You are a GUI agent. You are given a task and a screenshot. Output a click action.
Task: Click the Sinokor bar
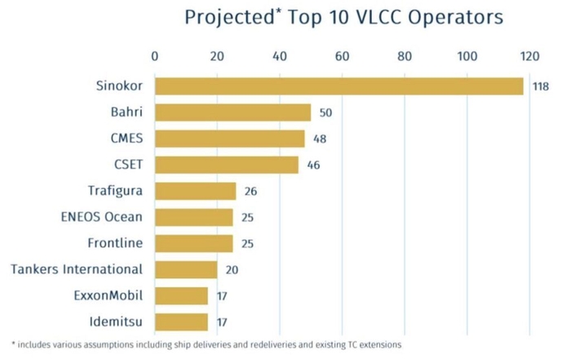tap(339, 87)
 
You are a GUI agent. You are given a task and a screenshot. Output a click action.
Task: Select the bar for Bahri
tap(232, 113)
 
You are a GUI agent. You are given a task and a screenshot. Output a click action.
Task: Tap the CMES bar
tap(229, 139)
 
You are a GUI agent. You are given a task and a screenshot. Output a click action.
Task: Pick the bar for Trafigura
tap(195, 191)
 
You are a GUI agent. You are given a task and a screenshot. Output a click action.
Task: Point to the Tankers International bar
tap(186, 269)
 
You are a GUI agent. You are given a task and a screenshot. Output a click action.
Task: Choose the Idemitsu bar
tap(181, 322)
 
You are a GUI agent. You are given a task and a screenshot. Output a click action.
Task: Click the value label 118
tap(541, 87)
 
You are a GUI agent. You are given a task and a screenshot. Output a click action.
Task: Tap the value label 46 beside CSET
tap(313, 165)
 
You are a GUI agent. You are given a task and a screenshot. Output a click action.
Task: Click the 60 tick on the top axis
tap(342, 56)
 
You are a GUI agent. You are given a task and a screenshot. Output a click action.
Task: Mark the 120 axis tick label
tap(529, 56)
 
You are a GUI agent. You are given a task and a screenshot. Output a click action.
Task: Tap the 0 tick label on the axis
tap(155, 56)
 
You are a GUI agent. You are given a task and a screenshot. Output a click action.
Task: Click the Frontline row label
tap(115, 243)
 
